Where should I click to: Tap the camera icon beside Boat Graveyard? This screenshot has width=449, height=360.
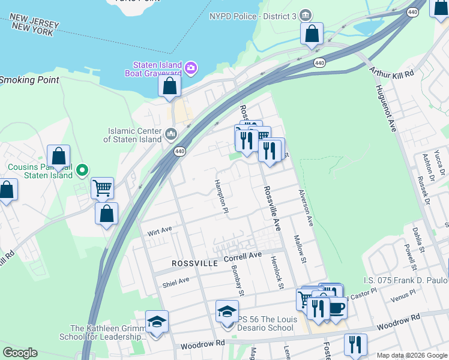[191, 66]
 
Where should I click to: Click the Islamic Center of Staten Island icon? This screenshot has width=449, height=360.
[171, 133]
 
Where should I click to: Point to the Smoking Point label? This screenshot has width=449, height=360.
[29, 80]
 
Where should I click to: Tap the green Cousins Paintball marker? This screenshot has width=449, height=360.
[84, 171]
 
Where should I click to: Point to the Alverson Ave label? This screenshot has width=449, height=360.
[305, 208]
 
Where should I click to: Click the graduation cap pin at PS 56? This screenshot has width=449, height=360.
[227, 312]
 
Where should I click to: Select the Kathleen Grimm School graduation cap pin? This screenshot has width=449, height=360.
[157, 322]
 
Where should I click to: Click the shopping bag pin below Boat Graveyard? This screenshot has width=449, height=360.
[170, 86]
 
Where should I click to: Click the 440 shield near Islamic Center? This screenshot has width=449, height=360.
[179, 152]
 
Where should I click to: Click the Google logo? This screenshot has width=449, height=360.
[19, 353]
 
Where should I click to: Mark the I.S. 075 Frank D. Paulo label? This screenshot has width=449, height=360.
[406, 280]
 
